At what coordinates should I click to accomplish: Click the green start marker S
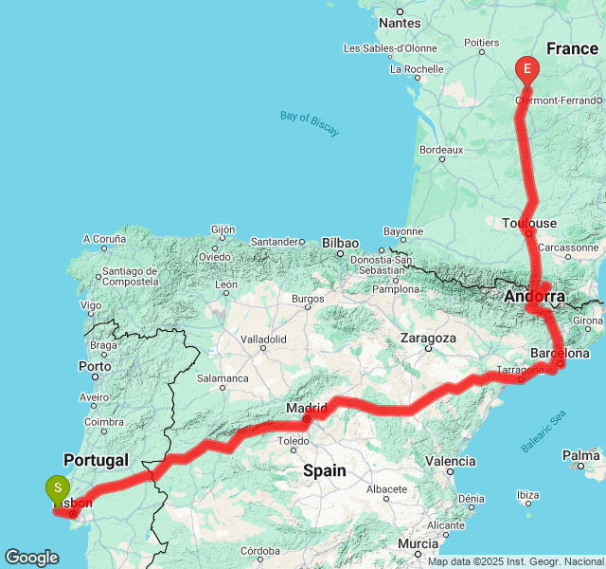coord(58,489)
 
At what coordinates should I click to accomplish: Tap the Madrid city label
coord(306,408)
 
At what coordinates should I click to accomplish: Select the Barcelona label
coord(561,353)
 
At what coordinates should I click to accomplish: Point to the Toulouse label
coord(529,223)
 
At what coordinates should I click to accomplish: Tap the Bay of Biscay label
coord(310,123)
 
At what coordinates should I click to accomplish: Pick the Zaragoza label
coord(428,338)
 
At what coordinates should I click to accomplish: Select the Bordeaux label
coord(441,150)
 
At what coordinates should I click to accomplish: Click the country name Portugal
coord(95,460)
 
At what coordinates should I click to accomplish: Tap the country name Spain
coord(325,470)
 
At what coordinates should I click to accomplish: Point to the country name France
coord(572,47)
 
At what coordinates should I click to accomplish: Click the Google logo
coord(31,558)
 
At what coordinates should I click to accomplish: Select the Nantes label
coord(399,23)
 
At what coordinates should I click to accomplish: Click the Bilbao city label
coord(340,243)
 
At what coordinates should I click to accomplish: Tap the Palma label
coord(580,456)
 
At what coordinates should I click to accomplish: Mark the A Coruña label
coord(104,239)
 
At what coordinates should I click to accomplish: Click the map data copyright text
coord(514,561)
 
